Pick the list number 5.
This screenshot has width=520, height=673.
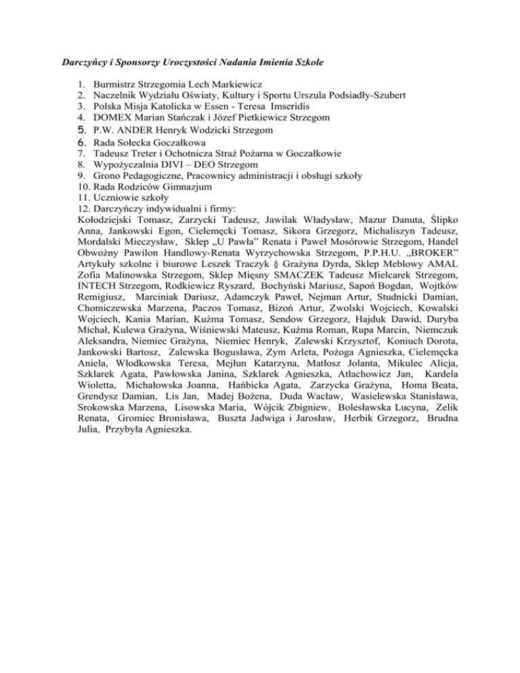82,129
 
